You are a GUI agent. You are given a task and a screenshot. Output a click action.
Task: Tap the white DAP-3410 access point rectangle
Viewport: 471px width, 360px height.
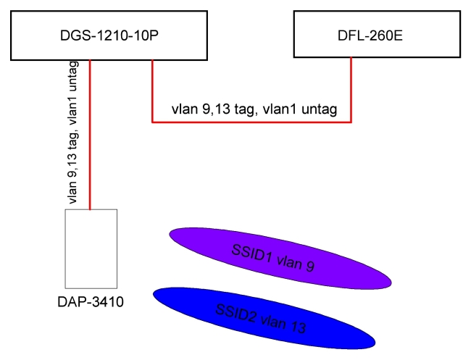point(90,249)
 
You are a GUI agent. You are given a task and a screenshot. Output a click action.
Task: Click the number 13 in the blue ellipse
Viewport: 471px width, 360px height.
point(295,327)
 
